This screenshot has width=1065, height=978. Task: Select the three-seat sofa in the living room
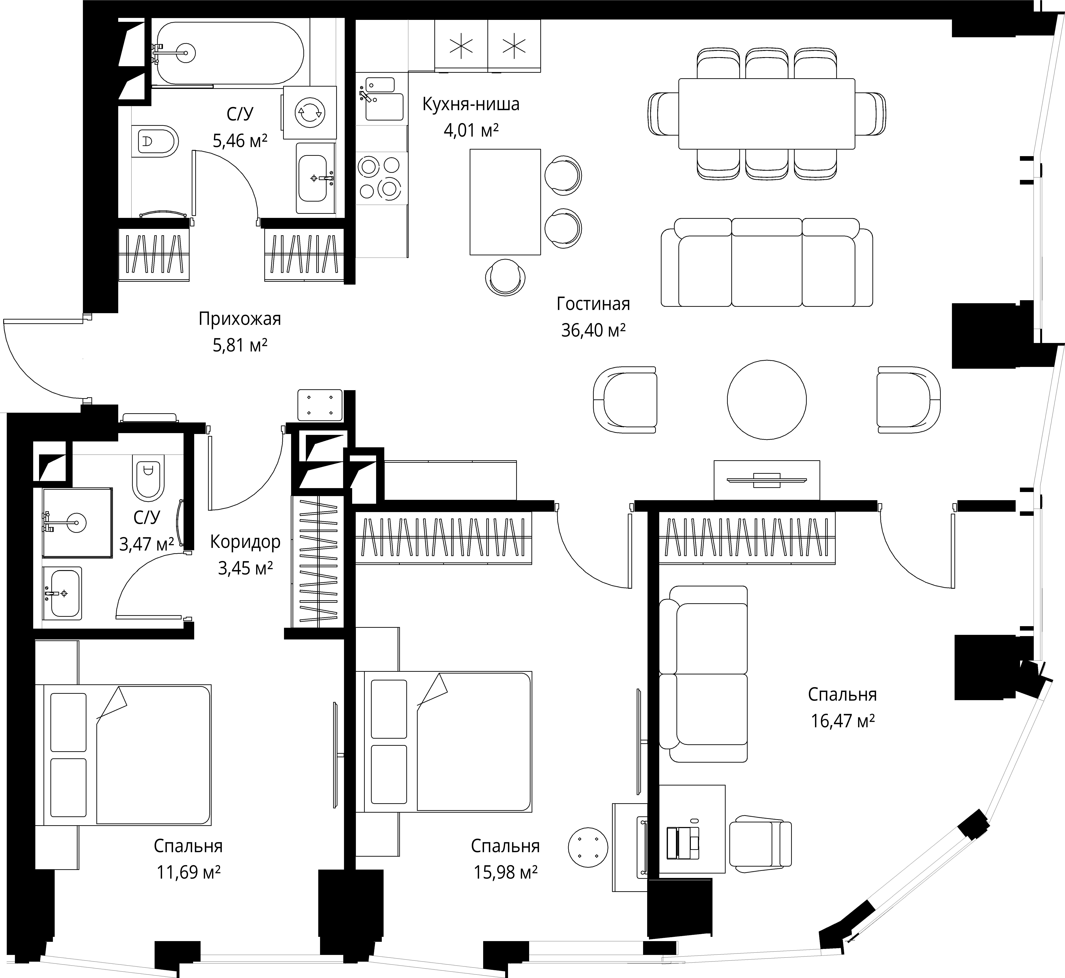click(x=767, y=262)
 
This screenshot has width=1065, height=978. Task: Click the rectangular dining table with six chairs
click(x=766, y=114)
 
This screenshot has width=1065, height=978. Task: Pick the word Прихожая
click(x=240, y=319)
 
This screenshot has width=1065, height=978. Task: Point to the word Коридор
click(x=245, y=542)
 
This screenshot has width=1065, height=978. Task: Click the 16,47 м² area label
click(x=843, y=721)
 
